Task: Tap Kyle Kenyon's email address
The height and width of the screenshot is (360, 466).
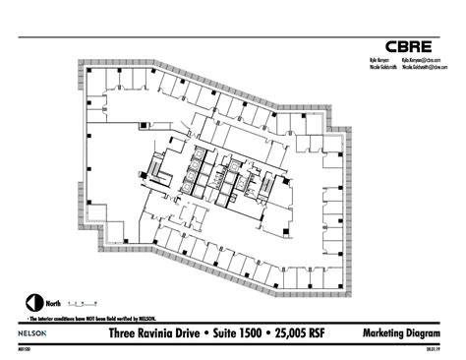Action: pos(419,60)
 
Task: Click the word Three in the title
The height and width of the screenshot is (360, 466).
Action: pos(123,334)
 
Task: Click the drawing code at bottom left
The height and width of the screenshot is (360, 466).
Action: pos(24,348)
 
